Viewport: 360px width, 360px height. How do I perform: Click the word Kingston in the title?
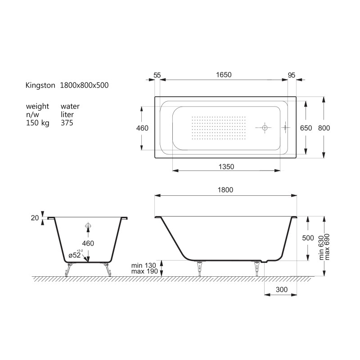click(40, 85)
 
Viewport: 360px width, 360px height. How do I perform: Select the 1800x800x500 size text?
click(84, 85)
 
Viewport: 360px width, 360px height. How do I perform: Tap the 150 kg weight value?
click(38, 123)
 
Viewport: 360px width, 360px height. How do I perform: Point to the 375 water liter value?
click(67, 123)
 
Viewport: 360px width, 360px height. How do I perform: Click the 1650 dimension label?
click(224, 75)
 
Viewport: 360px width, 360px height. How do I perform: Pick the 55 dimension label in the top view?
click(157, 75)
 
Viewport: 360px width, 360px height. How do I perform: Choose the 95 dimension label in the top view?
click(291, 75)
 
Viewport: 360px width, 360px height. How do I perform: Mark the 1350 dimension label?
click(226, 166)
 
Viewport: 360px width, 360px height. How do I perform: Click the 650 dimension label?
click(306, 128)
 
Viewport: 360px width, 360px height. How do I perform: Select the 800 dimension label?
click(324, 128)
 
